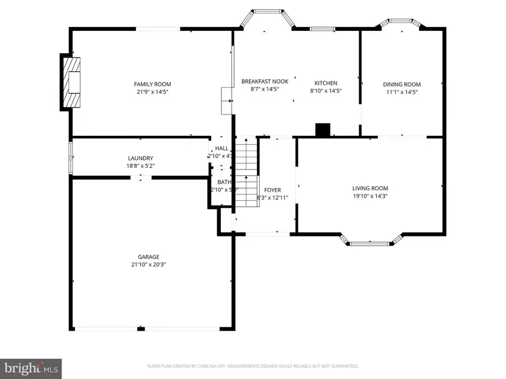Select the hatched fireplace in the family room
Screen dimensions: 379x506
[72, 83]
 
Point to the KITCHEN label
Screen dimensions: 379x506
[326, 83]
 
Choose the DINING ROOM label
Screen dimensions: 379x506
[402, 84]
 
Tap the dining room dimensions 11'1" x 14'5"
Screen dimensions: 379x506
[402, 92]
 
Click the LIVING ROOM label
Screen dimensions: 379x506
[370, 189]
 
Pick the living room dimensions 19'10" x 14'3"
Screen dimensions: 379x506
[370, 196]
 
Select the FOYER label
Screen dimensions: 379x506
[273, 190]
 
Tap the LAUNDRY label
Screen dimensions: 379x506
[140, 158]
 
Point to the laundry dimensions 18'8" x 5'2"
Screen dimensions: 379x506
[140, 166]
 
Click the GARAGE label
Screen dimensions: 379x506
[149, 257]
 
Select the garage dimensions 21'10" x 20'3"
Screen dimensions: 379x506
[149, 264]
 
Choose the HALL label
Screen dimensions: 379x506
[222, 148]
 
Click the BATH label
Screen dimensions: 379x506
[224, 182]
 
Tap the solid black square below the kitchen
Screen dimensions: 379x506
[323, 130]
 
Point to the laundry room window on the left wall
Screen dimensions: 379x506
[71, 158]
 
